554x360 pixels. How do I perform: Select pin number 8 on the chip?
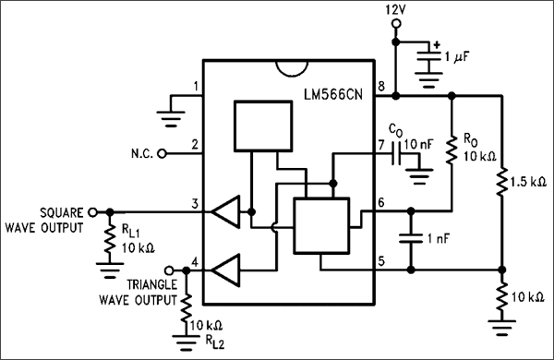[379, 87]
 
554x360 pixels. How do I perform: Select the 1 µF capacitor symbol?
[426, 57]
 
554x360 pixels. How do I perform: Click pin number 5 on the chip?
[379, 261]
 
